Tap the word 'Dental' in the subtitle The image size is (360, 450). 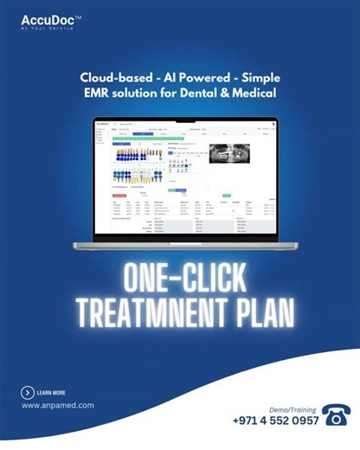(x=218, y=93)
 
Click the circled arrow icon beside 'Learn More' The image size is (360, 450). (x=28, y=392)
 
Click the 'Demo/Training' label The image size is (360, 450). (x=292, y=405)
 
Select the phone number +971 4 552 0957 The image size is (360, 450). (x=276, y=421)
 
